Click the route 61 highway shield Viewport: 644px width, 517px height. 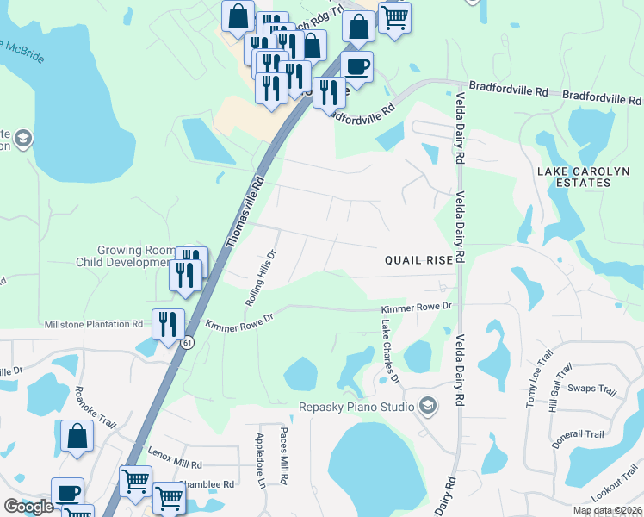(187, 343)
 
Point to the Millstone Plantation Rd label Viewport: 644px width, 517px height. (95, 324)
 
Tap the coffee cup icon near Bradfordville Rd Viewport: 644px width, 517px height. (356, 65)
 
